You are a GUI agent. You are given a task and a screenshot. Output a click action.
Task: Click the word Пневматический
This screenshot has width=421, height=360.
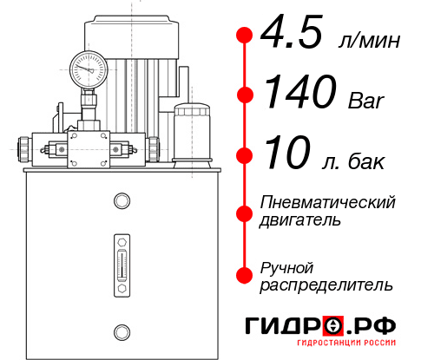[x=328, y=202]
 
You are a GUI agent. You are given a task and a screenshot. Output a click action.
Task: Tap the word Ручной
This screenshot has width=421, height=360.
[x=286, y=266]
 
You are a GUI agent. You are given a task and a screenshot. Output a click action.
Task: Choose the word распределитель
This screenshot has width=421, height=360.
[x=326, y=285]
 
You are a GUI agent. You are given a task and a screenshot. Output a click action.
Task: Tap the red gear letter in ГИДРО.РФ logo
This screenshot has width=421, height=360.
[x=333, y=326]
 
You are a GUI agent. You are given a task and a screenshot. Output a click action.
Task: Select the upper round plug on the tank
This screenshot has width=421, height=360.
[x=122, y=200]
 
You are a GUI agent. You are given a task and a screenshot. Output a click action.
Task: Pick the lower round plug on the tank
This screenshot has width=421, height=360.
[x=122, y=330]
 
